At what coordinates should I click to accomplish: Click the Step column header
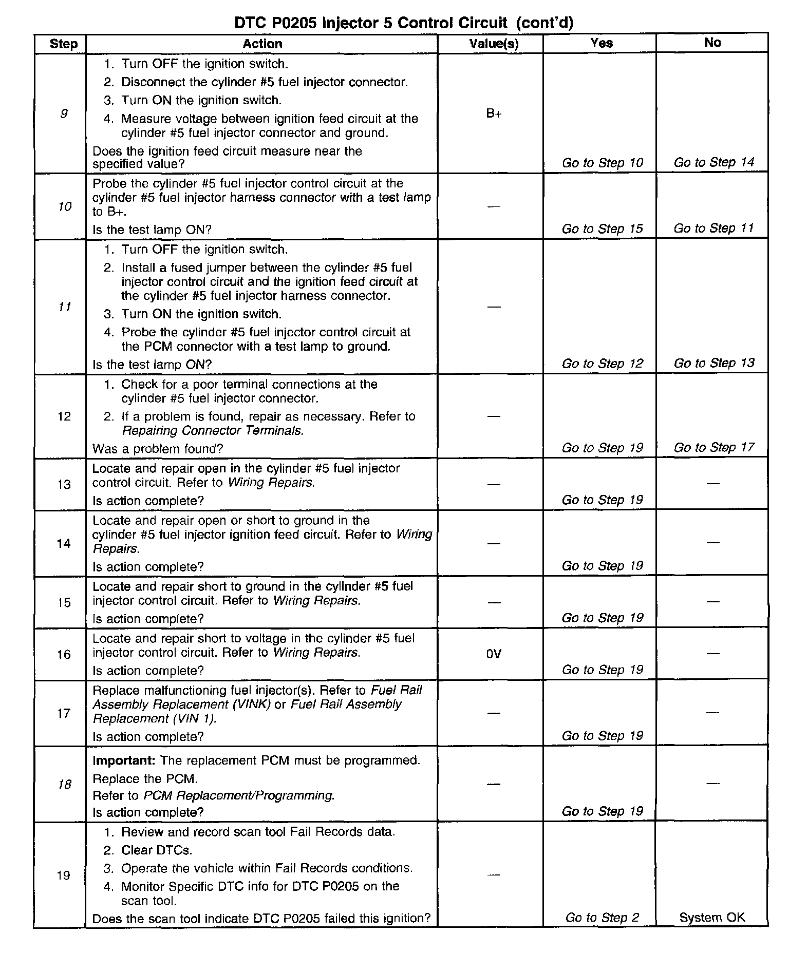pyautogui.click(x=64, y=44)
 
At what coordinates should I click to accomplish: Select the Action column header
pyautogui.click(x=262, y=44)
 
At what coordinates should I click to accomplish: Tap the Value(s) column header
pyautogui.click(x=494, y=44)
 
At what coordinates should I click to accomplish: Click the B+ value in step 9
pyautogui.click(x=494, y=114)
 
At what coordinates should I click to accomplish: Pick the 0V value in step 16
pyautogui.click(x=494, y=654)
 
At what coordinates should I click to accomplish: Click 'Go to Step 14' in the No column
pyautogui.click(x=713, y=163)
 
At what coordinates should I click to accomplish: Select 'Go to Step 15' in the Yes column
pyautogui.click(x=602, y=229)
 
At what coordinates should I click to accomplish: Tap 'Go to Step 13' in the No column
pyautogui.click(x=713, y=364)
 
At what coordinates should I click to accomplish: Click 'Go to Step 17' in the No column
pyautogui.click(x=713, y=448)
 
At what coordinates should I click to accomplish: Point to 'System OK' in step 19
pyautogui.click(x=712, y=918)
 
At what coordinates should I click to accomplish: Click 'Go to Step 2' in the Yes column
pyautogui.click(x=602, y=918)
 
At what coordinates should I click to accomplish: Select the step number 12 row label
pyautogui.click(x=64, y=416)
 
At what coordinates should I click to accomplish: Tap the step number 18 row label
pyautogui.click(x=64, y=785)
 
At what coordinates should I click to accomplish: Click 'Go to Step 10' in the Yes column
pyautogui.click(x=602, y=163)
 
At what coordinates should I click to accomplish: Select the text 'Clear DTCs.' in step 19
pyautogui.click(x=157, y=850)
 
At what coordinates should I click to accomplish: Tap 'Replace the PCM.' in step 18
pyautogui.click(x=145, y=779)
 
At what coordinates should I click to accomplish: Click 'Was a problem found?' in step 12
pyautogui.click(x=158, y=449)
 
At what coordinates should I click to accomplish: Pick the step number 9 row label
pyautogui.click(x=64, y=114)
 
